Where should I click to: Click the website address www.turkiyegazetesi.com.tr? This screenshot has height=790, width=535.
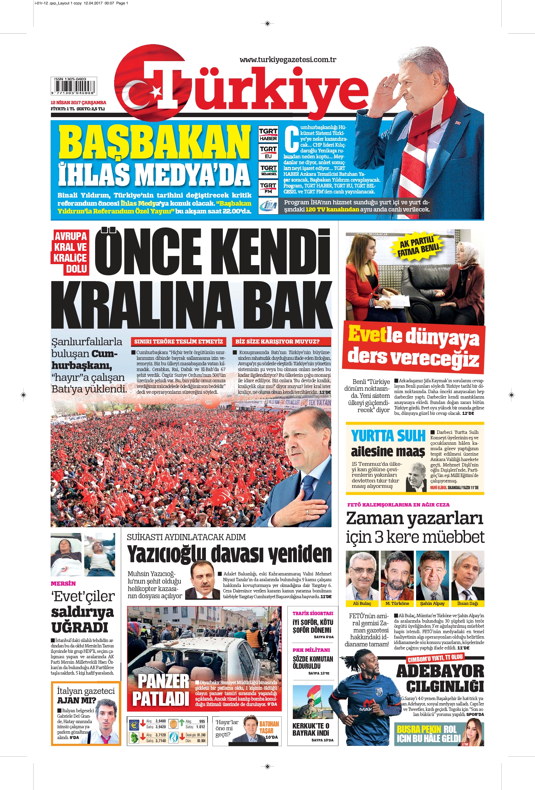(288, 60)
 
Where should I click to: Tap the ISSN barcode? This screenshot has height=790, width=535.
(73, 86)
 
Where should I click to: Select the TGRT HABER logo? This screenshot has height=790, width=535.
(268, 134)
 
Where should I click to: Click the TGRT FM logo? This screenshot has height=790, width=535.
(268, 188)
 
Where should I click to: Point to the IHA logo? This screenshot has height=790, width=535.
(268, 206)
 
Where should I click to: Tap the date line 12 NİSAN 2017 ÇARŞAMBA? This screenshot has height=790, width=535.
(78, 102)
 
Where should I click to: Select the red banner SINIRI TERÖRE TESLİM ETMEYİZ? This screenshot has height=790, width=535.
(179, 341)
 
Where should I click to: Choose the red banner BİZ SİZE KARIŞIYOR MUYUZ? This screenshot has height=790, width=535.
(278, 341)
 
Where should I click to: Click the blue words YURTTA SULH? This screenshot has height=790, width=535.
(388, 436)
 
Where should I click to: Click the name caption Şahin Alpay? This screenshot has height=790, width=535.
(432, 603)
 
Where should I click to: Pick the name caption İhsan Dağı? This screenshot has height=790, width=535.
(467, 603)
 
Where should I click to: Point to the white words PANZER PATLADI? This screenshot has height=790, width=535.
(160, 690)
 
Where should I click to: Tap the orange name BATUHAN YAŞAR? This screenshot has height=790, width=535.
(269, 728)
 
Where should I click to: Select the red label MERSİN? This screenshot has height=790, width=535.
(63, 583)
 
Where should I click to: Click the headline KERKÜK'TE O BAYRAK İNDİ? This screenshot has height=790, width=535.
(310, 730)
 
